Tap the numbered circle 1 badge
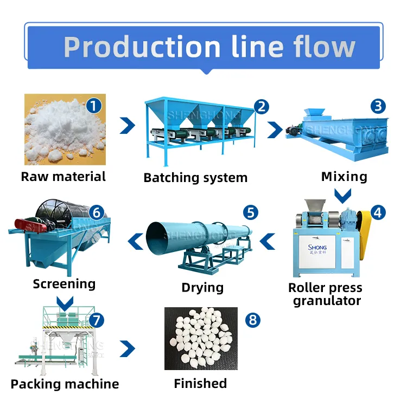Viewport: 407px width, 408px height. pos(94,105)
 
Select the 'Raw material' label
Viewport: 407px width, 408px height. pos(63,176)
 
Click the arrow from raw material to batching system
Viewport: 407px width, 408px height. pos(128,126)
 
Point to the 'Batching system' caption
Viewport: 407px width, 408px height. pos(195,177)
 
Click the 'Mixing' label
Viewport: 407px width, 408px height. pos(344,176)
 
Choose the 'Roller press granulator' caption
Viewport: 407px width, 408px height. pos(326,294)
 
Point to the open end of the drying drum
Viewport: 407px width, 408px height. pos(161,239)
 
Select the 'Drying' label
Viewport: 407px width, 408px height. pos(202,287)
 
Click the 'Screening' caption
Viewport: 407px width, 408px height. pos(64,283)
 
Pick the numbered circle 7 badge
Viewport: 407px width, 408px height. pos(96,319)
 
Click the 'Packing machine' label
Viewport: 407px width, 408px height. pos(65,384)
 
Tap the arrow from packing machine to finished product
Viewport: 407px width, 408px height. pos(128,348)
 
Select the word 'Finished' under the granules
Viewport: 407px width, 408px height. pos(200,384)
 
